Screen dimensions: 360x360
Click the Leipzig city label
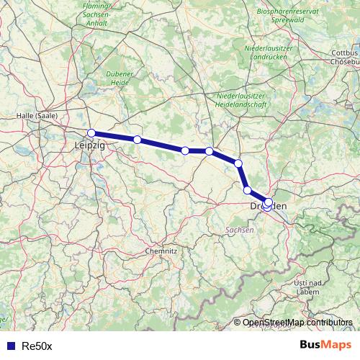click(89, 145)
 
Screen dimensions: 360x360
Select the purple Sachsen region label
click(239, 229)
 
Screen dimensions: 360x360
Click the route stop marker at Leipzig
click(91, 132)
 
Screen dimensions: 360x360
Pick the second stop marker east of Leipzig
click(185, 150)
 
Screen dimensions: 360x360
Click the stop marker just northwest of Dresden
click(248, 190)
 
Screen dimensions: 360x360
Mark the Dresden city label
click(268, 207)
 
